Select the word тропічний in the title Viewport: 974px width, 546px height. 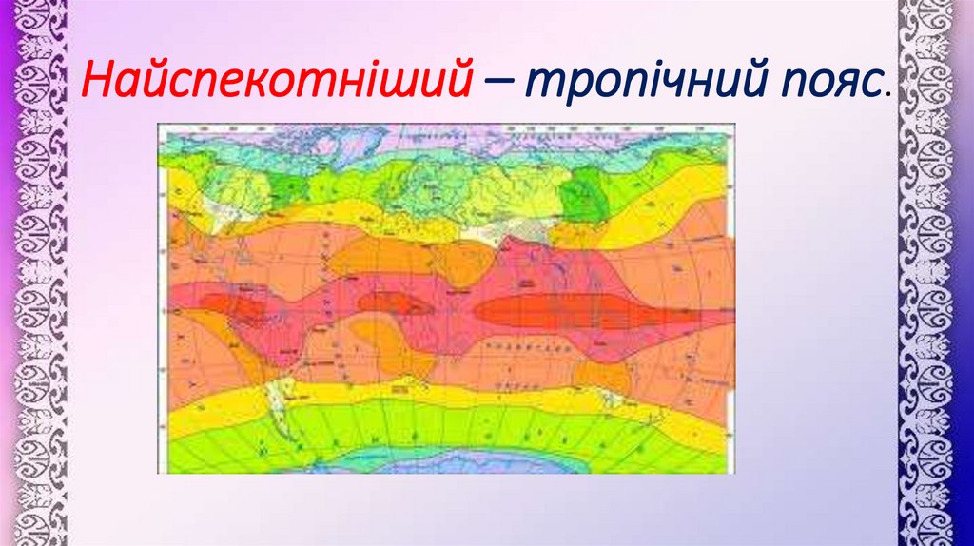(x=626, y=84)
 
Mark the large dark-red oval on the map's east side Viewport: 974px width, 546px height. (x=561, y=310)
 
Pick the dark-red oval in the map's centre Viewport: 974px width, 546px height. (x=396, y=302)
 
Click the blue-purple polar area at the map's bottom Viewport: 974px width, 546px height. (x=447, y=463)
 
